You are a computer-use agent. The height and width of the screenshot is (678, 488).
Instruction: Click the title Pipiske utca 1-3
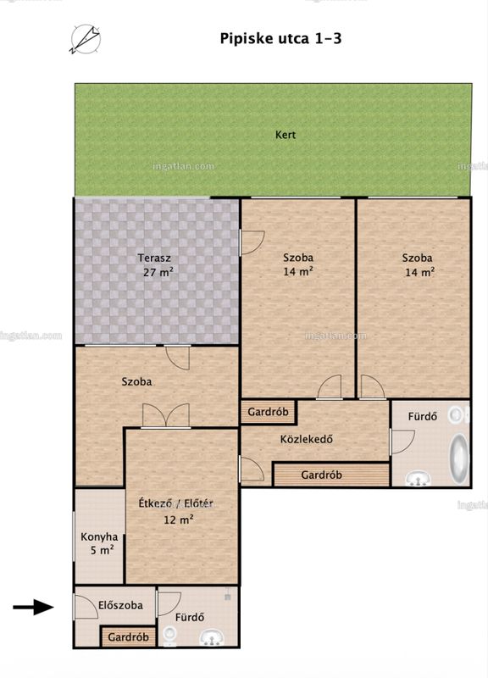tap(280, 38)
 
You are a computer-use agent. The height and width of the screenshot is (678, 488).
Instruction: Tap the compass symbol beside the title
tap(86, 39)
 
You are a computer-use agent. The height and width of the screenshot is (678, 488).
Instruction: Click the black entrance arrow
tap(33, 607)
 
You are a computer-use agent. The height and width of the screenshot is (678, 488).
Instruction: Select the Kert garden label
tap(286, 135)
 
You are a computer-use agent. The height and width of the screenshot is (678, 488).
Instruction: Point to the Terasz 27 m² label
tap(155, 265)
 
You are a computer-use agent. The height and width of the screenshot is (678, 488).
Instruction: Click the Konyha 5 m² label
tap(99, 543)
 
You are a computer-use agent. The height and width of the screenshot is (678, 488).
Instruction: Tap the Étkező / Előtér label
tap(176, 503)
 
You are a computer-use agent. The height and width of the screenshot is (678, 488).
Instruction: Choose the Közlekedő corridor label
tap(307, 439)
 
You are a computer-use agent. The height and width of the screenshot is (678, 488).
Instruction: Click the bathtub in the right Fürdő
tap(458, 458)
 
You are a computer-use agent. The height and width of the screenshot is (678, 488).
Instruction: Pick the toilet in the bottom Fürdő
tap(170, 636)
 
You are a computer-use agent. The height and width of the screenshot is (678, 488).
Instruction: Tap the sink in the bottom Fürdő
tap(212, 638)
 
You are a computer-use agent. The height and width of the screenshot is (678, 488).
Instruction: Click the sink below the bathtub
tap(418, 479)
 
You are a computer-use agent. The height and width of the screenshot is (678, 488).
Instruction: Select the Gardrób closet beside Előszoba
tap(129, 637)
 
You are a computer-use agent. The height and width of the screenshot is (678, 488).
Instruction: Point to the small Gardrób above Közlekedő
tap(268, 412)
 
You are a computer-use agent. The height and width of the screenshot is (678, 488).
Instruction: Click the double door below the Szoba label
tap(166, 416)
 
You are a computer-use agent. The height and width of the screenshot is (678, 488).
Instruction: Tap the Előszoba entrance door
tap(86, 606)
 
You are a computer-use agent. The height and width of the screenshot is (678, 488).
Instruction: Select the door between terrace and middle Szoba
tap(252, 242)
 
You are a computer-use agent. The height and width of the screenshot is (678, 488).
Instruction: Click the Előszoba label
tap(120, 605)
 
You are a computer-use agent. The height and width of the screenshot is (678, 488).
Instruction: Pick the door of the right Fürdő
tap(402, 442)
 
